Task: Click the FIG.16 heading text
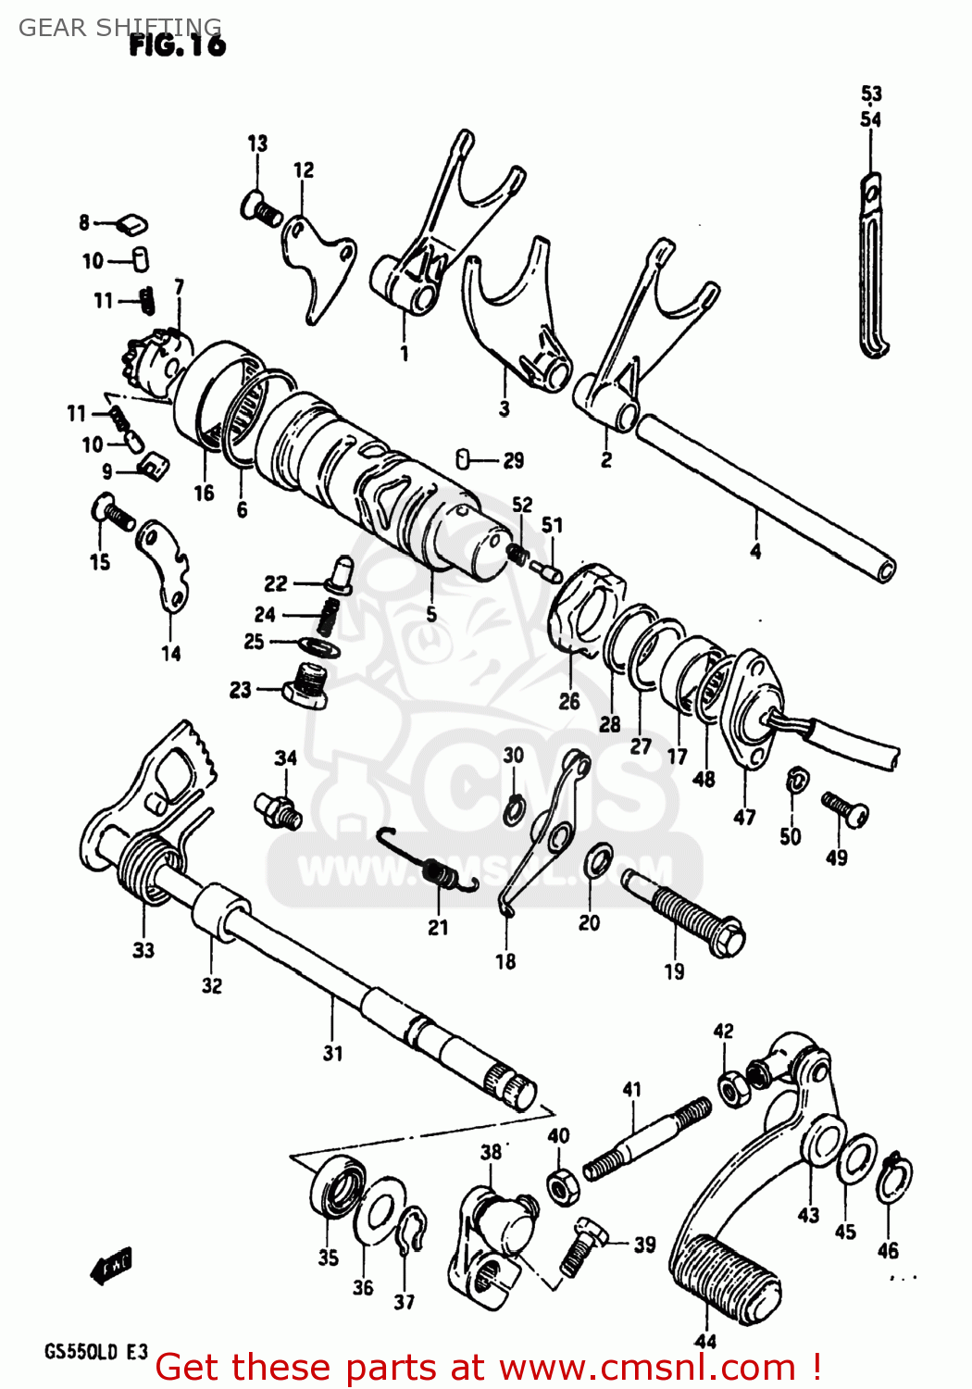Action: [x=177, y=45]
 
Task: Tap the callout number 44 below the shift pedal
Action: [x=704, y=1341]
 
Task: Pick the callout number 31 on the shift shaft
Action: [x=332, y=1053]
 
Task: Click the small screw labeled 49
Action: [x=844, y=808]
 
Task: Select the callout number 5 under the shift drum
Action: [x=431, y=614]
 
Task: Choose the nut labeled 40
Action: [x=562, y=1185]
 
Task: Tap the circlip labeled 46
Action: [x=894, y=1181]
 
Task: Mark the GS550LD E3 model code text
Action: [x=95, y=1351]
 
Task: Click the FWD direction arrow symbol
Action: [x=112, y=1265]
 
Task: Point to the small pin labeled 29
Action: [x=466, y=458]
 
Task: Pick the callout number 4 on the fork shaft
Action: [x=755, y=552]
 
